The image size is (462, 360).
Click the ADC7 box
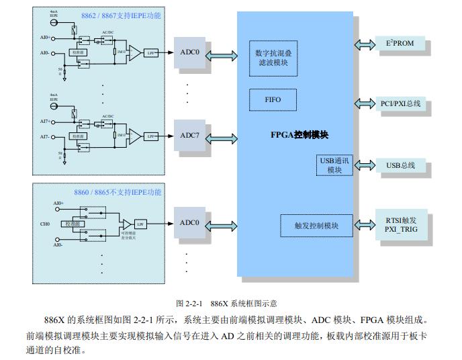point(190,136)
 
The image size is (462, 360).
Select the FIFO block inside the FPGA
point(273,100)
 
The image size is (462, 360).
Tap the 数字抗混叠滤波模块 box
point(273,57)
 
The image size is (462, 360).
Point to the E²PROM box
point(400,44)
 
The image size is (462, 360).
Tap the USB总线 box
point(400,165)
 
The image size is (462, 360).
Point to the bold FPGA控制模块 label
point(299,135)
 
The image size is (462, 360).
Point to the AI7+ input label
point(44,122)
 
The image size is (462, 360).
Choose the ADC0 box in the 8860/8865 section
point(190,223)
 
